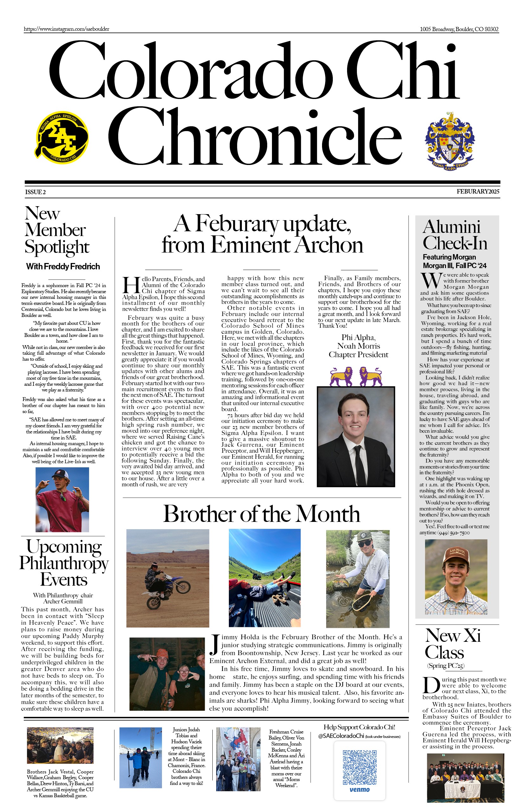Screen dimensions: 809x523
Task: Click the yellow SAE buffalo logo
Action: (x=62, y=137)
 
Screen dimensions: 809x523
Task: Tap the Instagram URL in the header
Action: (x=67, y=29)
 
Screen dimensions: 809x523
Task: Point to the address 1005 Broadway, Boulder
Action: (x=459, y=29)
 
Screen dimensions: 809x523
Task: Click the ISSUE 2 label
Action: (x=35, y=192)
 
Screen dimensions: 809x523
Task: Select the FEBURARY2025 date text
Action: (x=477, y=192)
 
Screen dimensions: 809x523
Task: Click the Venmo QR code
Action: (x=359, y=767)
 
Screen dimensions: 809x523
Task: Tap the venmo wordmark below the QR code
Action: (x=359, y=790)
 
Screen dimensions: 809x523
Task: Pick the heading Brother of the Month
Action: (x=261, y=514)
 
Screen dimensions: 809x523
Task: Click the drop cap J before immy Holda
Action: (x=214, y=644)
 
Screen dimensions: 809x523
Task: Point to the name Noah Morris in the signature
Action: (x=358, y=346)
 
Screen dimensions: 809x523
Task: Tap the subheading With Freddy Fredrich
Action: (x=63, y=266)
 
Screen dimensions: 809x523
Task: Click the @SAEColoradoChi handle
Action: (x=341, y=736)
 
